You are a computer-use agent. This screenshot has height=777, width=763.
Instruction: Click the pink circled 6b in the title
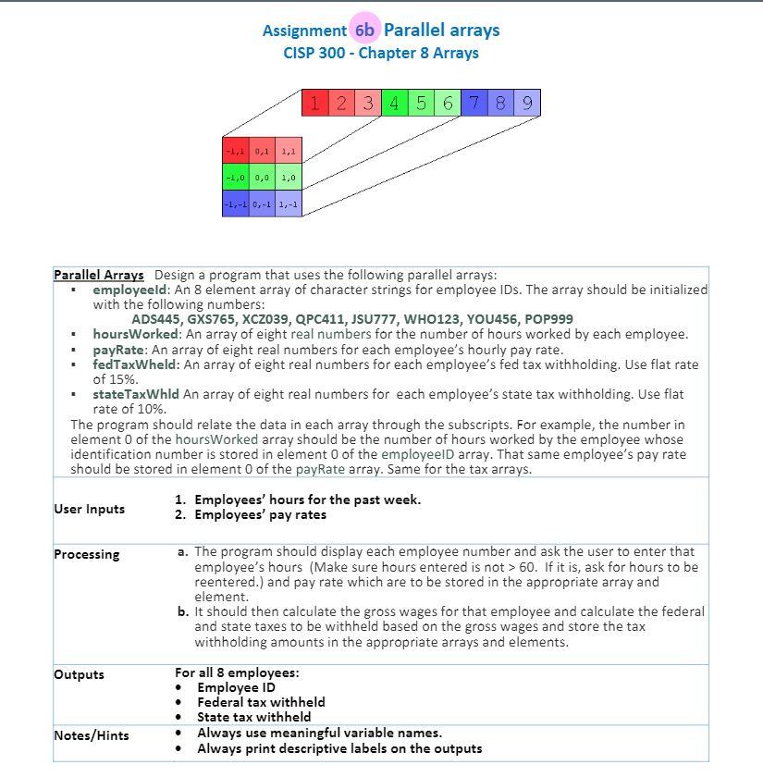tap(364, 30)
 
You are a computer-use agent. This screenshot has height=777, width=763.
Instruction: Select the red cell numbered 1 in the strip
tap(314, 103)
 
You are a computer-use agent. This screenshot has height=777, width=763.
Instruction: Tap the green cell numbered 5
tap(421, 103)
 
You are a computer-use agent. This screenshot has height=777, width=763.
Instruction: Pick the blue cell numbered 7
tap(474, 103)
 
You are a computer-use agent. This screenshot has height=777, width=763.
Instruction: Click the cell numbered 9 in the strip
tap(527, 103)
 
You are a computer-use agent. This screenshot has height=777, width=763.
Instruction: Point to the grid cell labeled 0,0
tap(262, 177)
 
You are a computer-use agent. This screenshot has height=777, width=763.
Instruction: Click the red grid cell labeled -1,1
tap(235, 150)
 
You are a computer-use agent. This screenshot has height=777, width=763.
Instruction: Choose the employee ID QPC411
tap(319, 319)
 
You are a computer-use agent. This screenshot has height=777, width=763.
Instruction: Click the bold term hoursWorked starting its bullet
tap(136, 334)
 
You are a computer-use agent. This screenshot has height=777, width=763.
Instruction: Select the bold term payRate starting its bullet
tap(118, 350)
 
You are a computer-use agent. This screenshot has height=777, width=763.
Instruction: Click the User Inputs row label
tap(89, 509)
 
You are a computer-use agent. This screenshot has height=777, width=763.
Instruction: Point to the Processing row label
tap(87, 554)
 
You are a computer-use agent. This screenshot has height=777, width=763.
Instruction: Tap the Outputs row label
tap(79, 674)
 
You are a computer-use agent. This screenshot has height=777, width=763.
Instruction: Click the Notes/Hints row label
tap(91, 735)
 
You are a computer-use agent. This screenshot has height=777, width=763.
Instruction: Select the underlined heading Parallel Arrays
tap(99, 275)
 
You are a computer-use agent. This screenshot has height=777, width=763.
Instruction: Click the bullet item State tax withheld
tap(253, 717)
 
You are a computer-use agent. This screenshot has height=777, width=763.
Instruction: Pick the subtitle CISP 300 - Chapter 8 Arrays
tap(381, 53)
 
